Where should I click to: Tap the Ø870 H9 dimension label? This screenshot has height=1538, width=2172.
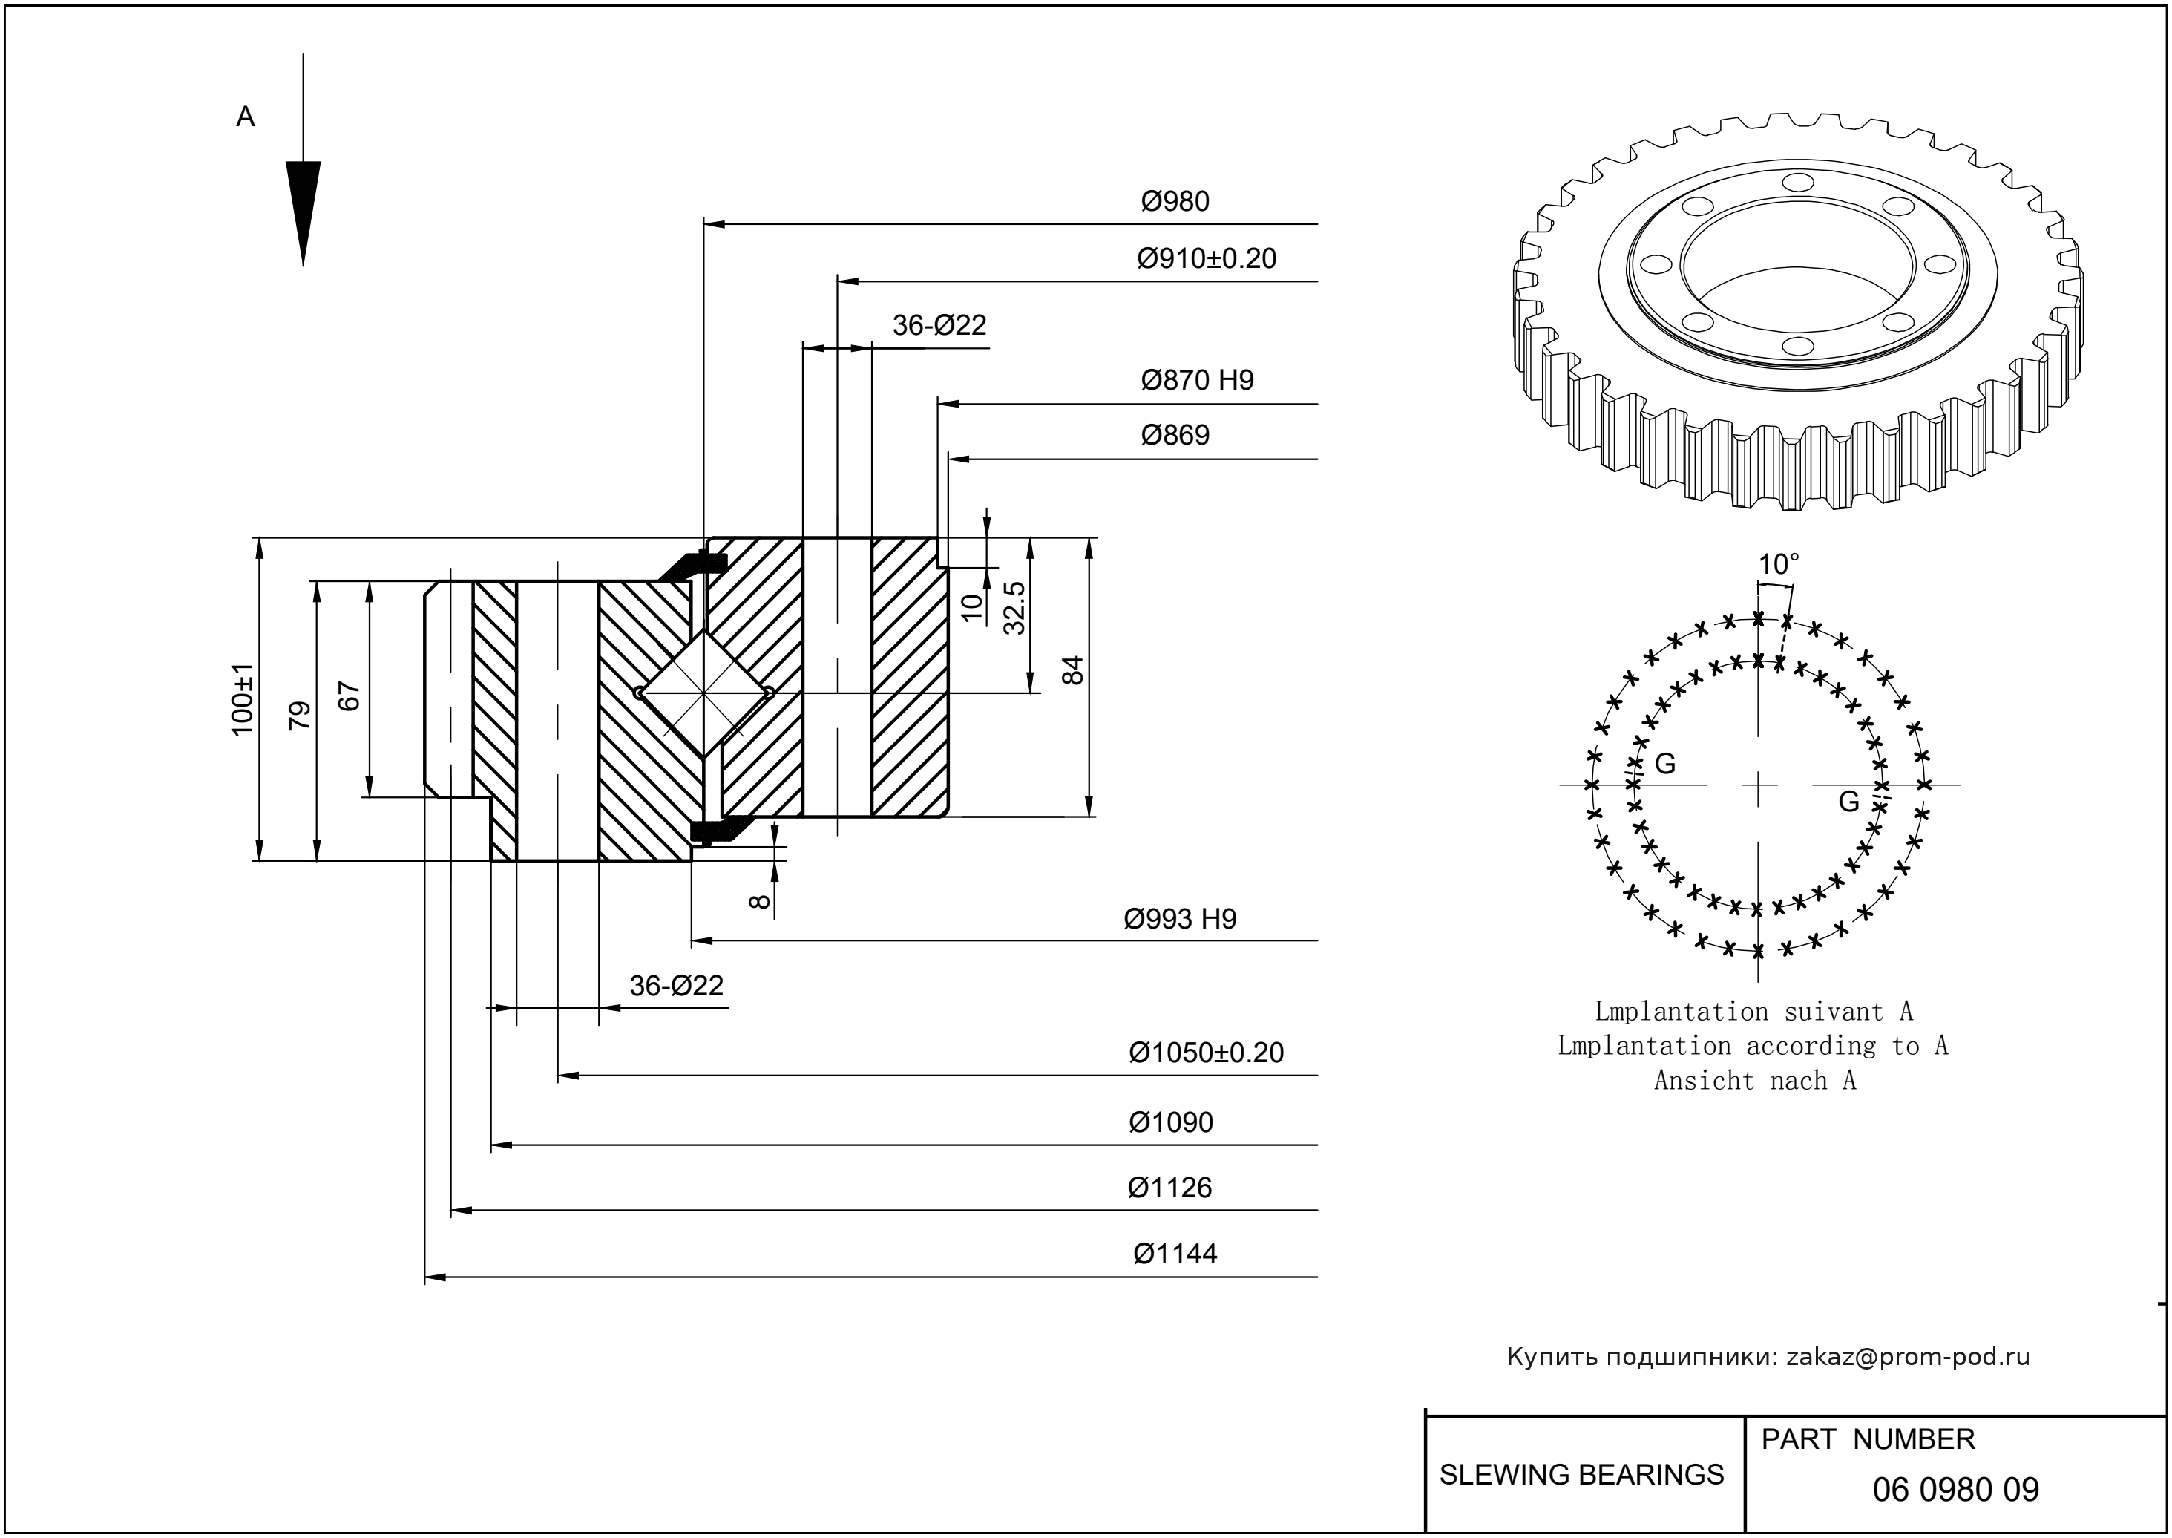(1197, 381)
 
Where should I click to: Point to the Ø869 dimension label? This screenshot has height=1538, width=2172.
(1175, 436)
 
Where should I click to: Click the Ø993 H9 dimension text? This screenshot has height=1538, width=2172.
(1179, 920)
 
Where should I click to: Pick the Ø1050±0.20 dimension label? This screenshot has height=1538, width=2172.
(1205, 1053)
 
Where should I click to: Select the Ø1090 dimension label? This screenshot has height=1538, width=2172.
(1170, 1123)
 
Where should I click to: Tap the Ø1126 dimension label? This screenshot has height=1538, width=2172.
(1169, 1188)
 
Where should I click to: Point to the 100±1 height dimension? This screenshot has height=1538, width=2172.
(243, 700)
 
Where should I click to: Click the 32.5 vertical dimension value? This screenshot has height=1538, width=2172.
(1014, 607)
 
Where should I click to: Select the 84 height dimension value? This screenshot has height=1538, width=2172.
(1073, 670)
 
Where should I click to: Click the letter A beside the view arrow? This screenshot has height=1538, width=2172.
(245, 117)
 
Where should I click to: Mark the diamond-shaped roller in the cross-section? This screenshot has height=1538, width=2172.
(703, 694)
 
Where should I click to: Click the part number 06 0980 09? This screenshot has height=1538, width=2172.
(1955, 1490)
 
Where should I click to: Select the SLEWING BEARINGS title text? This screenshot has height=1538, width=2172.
(1581, 1475)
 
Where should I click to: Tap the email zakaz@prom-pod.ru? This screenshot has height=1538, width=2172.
(1908, 1357)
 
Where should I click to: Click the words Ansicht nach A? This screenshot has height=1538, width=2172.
(1754, 1081)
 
